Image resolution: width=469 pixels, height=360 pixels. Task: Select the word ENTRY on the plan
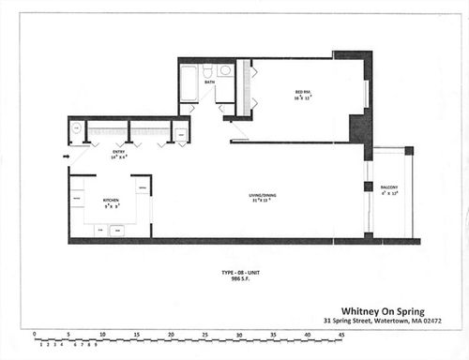coord(119,151)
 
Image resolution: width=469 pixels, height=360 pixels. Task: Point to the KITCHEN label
coord(110,199)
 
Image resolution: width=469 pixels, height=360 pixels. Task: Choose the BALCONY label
coord(389,189)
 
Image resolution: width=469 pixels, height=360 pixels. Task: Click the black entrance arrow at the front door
coord(67,157)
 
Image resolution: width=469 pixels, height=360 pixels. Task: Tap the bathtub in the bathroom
coord(189,82)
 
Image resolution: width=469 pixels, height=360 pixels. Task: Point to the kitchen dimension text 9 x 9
coord(110,205)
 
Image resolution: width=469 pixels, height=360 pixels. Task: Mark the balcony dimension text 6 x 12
coord(389,197)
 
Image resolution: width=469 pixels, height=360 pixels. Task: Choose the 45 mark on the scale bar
coord(342,335)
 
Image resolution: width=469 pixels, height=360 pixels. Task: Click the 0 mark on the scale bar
coord(35,335)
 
